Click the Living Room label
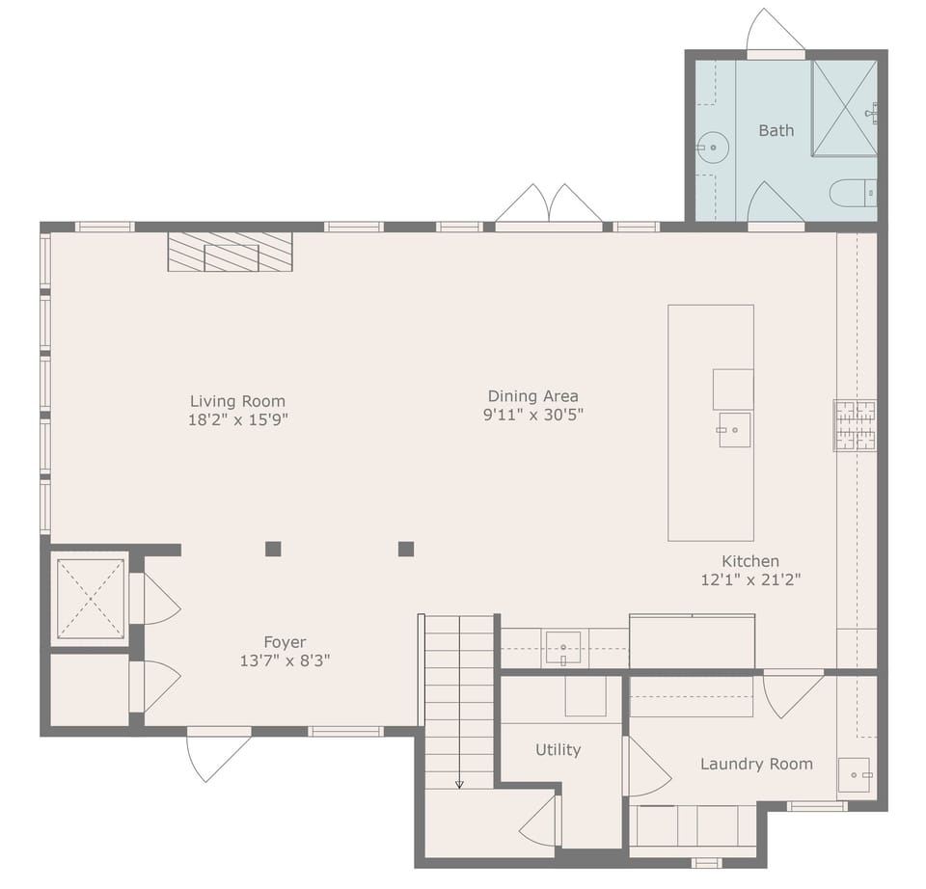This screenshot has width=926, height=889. coord(237,401)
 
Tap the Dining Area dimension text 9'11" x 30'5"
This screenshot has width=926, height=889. coord(533,415)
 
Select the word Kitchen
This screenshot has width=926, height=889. coord(750,561)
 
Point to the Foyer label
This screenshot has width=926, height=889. coord(285,642)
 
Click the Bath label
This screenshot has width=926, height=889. coord(776,130)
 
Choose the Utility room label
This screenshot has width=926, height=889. coord(558,749)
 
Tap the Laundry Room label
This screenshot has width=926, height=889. coord(756,764)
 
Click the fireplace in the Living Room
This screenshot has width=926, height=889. coord(230,252)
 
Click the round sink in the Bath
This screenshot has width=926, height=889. coord(712,148)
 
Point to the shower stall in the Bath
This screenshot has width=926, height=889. coord(844,107)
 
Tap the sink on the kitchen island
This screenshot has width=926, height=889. coord(734,429)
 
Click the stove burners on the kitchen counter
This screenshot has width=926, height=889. coord(855,425)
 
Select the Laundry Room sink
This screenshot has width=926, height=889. coord(854,774)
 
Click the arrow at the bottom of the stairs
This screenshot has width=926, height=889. coord(459,783)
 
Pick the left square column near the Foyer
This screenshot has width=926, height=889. coord(273,549)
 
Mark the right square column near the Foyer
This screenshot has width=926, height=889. coord(406,549)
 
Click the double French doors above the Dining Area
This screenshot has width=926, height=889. coord(549,206)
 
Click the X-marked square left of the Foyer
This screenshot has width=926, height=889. coord(90,598)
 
